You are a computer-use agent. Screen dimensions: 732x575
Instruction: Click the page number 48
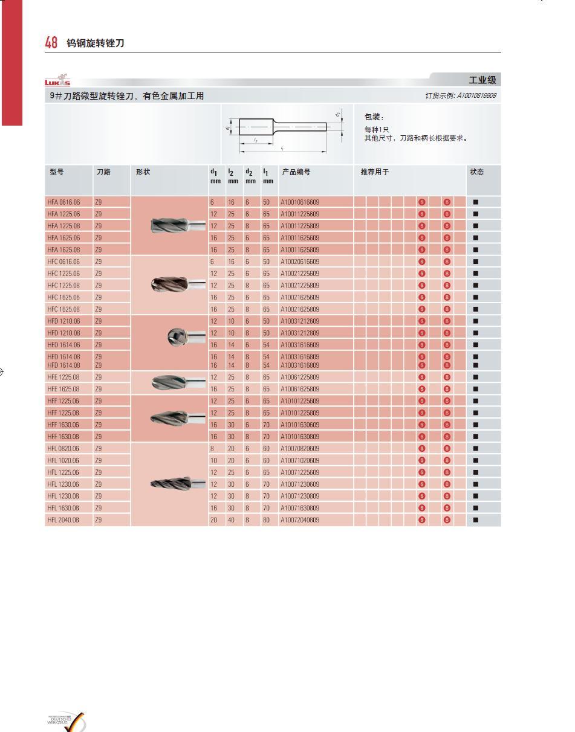click(51, 42)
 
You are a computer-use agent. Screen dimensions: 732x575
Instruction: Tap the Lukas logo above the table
click(57, 82)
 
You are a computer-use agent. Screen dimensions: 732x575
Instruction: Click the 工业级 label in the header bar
click(482, 80)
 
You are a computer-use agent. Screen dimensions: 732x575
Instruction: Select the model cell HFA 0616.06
click(63, 202)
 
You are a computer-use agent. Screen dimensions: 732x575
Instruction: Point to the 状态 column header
click(476, 172)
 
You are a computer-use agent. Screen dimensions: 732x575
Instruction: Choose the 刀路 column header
click(103, 172)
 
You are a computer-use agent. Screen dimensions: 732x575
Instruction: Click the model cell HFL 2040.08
click(63, 520)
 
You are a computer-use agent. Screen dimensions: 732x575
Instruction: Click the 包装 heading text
click(374, 117)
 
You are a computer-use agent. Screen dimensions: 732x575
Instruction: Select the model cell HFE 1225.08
click(63, 377)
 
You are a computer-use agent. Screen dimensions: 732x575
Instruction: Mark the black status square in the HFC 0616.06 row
click(475, 262)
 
